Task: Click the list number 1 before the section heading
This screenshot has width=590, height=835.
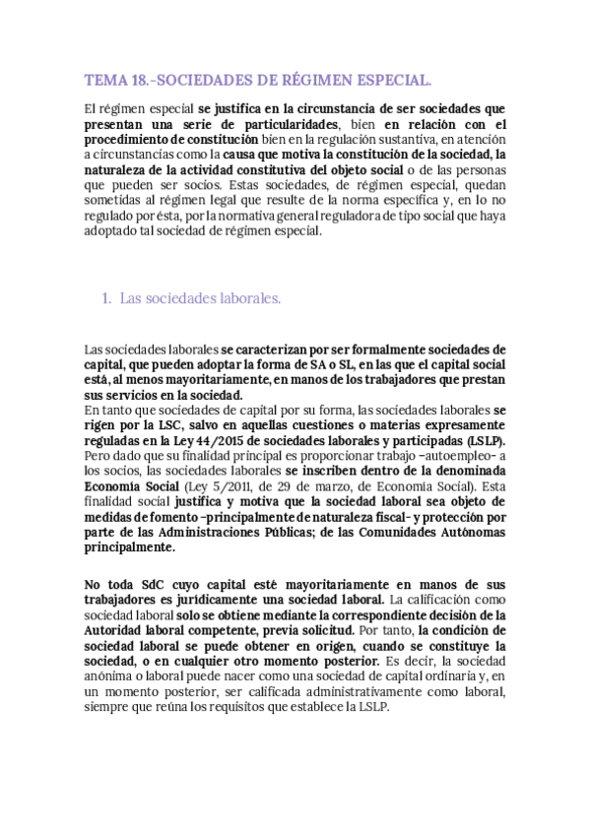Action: (105, 298)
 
